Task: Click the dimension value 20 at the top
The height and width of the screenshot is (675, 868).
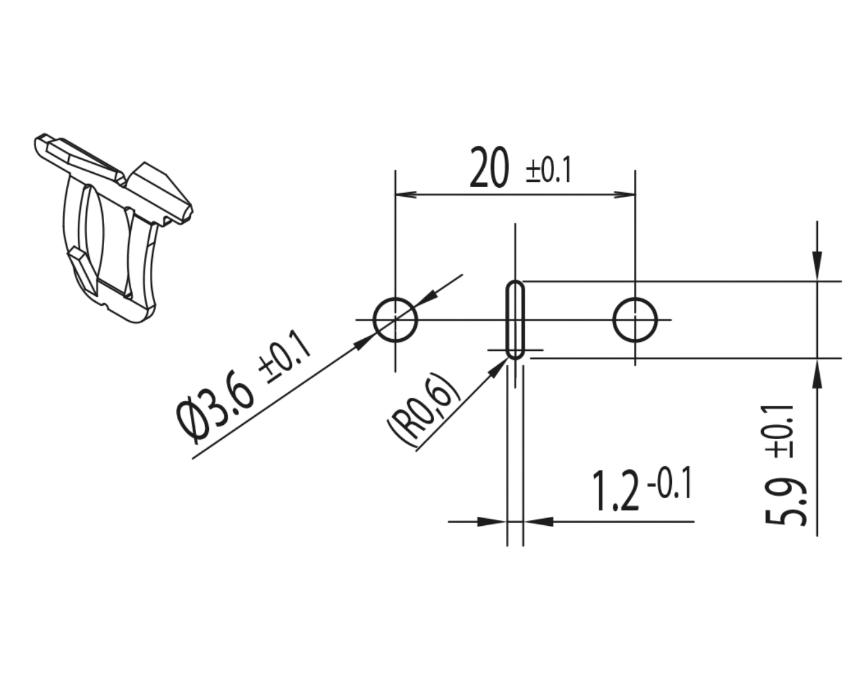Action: point(489,167)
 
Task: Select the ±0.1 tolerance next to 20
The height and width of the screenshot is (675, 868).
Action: point(549,170)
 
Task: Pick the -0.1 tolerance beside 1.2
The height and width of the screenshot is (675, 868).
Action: point(669,483)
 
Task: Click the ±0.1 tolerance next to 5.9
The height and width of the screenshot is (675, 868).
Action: point(779,431)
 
